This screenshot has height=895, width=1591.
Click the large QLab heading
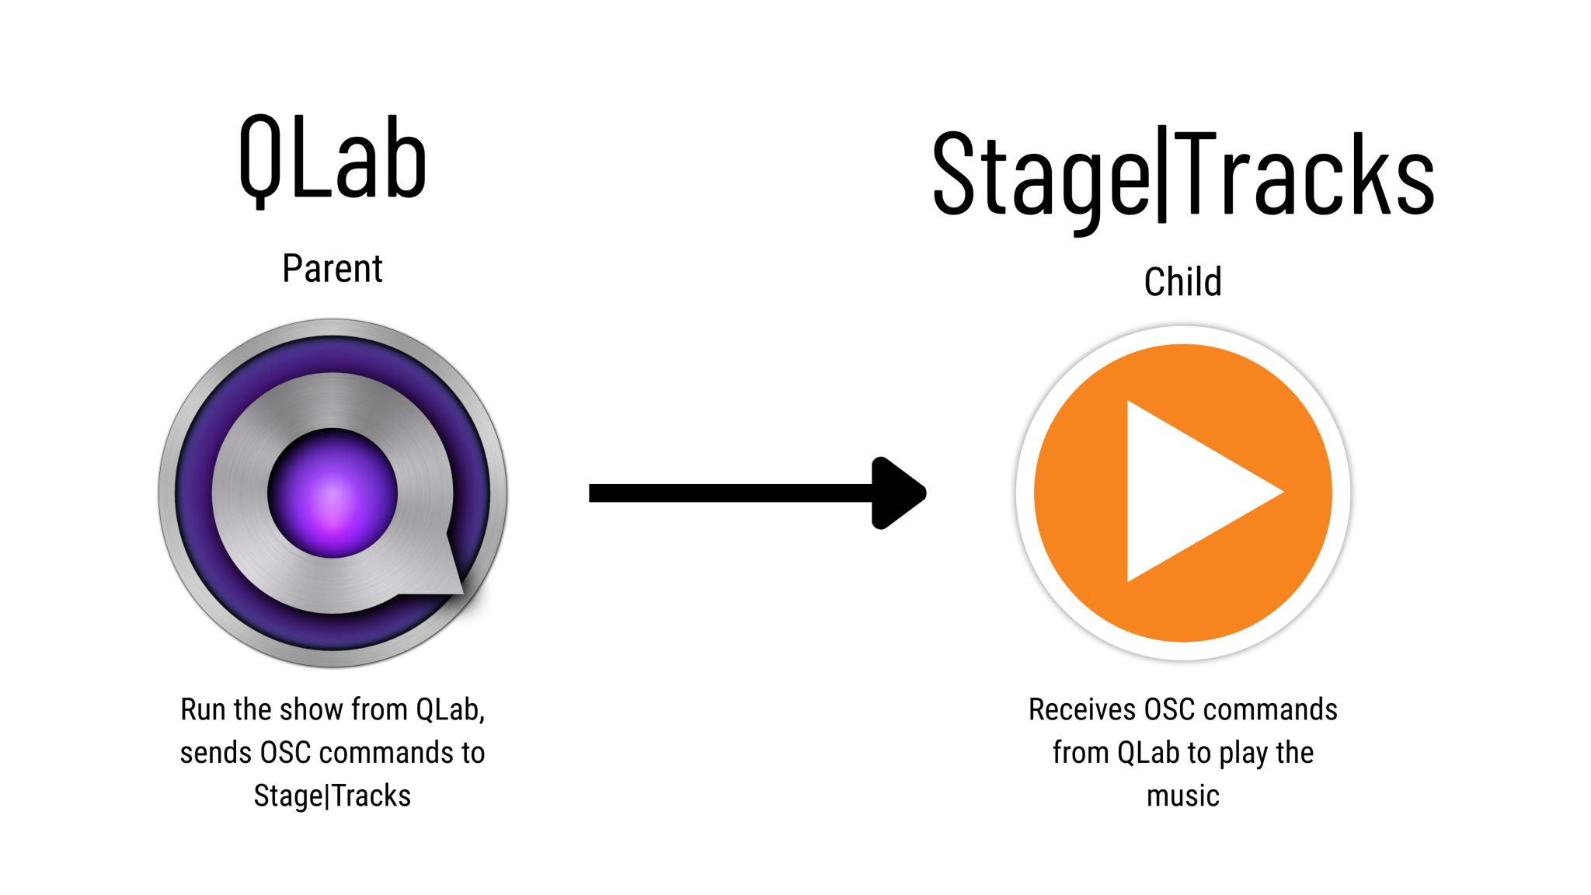coord(332,159)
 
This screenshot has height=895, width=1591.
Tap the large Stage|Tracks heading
coord(1182,176)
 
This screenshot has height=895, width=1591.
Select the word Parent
coord(332,270)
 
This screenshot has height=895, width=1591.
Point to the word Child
coord(1182,282)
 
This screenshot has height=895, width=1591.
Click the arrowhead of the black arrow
coord(898,493)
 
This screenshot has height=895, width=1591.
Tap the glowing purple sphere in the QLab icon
coord(332,493)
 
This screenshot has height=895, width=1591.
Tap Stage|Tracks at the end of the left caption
coord(332,796)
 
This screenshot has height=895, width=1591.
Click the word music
coord(1182,796)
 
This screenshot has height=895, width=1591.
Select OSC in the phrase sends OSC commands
coord(285,753)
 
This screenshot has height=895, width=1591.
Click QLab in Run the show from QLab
coord(450,710)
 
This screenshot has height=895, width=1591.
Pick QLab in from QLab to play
coord(1148,753)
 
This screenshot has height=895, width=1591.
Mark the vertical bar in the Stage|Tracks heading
coord(1162,174)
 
